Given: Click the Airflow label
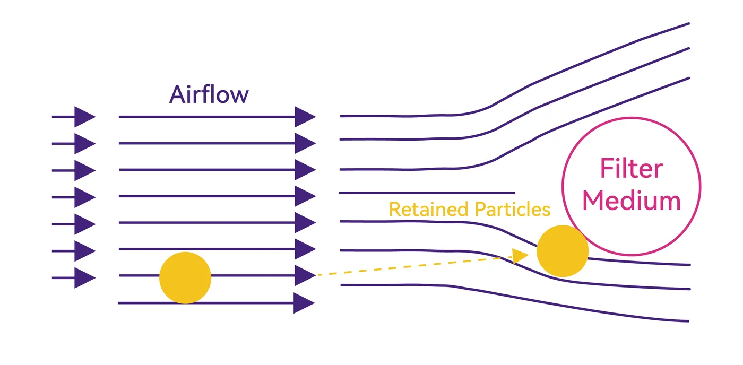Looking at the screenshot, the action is click(209, 94).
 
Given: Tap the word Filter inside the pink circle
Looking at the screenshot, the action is click(632, 168).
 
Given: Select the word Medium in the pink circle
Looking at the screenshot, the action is click(632, 201).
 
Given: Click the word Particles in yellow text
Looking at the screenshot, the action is click(513, 210).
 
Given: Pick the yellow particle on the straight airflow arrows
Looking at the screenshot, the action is click(185, 278).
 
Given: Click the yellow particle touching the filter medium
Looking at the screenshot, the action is click(563, 251).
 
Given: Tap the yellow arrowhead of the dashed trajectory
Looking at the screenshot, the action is click(520, 256).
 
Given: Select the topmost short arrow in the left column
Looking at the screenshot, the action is click(74, 117).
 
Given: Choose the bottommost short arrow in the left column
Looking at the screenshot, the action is click(74, 278).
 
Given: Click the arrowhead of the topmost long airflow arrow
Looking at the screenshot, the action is click(305, 117).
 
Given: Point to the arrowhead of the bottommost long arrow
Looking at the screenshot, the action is click(304, 303).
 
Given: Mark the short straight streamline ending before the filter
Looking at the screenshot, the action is click(427, 193).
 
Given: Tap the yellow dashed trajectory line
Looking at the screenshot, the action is click(414, 266).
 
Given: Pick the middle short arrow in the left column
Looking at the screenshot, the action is click(74, 197).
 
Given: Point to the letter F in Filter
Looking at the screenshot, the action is click(607, 168).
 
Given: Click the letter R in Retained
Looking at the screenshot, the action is click(395, 210).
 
